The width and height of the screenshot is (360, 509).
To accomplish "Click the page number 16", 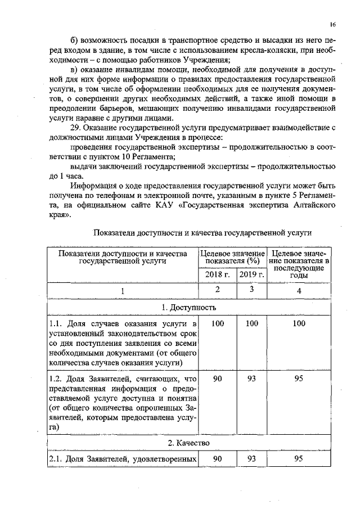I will pyautogui.click(x=332, y=25).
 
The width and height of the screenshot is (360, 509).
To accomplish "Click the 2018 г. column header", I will pyautogui.click(x=217, y=274).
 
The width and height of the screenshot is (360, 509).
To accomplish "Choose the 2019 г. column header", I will pyautogui.click(x=251, y=274).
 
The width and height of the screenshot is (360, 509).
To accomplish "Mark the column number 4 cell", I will pyautogui.click(x=299, y=290).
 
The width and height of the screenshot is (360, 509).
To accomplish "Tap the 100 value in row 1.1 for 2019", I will pyautogui.click(x=251, y=323).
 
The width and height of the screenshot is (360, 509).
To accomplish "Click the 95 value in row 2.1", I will pyautogui.click(x=299, y=460).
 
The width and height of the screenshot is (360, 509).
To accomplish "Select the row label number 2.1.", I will pyautogui.click(x=55, y=460).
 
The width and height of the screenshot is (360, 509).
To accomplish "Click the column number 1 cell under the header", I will pyautogui.click(x=122, y=291).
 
